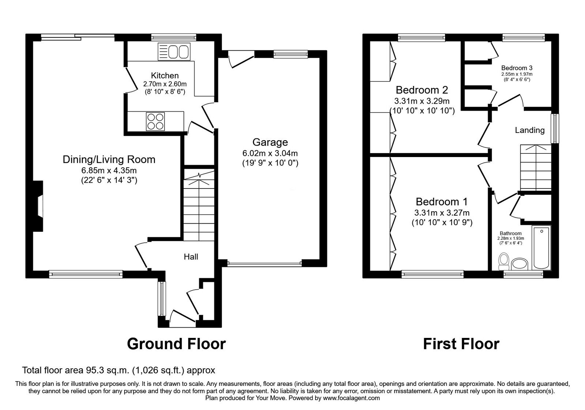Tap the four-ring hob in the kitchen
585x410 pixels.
pyautogui.click(x=155, y=121)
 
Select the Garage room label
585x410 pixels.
pyautogui.click(x=270, y=142)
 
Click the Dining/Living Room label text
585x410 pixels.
pyautogui.click(x=109, y=159)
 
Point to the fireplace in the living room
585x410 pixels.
pyautogui.click(x=39, y=207)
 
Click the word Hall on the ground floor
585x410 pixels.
pyautogui.click(x=191, y=257)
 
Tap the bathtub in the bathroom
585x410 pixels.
pyautogui.click(x=541, y=248)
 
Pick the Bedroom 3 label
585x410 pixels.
pyautogui.click(x=517, y=68)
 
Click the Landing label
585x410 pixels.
pyautogui.click(x=529, y=130)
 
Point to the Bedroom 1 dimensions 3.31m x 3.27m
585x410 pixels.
pyautogui.click(x=442, y=213)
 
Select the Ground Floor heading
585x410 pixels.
pyautogui.click(x=176, y=344)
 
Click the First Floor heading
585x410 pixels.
pyautogui.click(x=461, y=344)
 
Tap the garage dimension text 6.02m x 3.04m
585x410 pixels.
pyautogui.click(x=270, y=153)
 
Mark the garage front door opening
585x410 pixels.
pyautogui.click(x=264, y=263)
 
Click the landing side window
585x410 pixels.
pyautogui.click(x=555, y=128)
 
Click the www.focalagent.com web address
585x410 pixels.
pyautogui.click(x=351, y=398)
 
